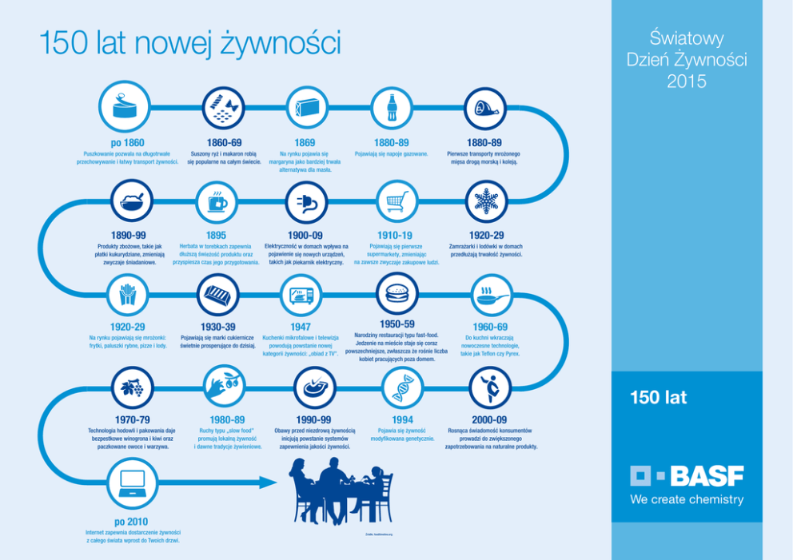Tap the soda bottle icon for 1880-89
(393, 106)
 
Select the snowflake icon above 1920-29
(485, 201)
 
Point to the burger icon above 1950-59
(396, 293)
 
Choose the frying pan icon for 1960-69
(489, 296)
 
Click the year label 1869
(305, 143)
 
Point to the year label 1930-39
(217, 327)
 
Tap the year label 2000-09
(489, 420)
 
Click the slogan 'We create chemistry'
(687, 500)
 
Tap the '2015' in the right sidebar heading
(687, 81)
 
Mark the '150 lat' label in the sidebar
(658, 398)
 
